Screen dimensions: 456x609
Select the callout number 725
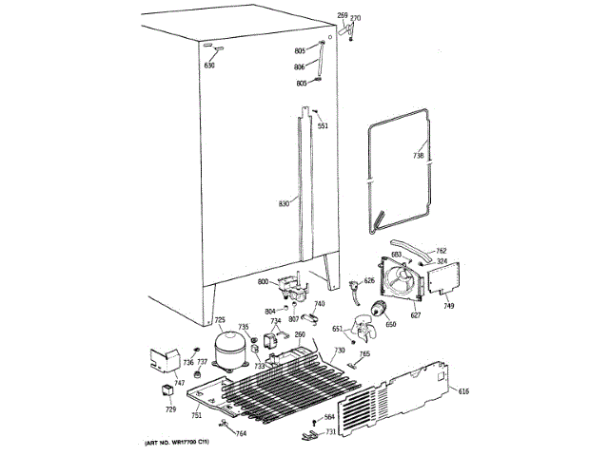coord(219,320)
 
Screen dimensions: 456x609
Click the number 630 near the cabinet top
coord(209,65)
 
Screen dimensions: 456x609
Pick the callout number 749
coord(448,305)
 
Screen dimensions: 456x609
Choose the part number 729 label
coord(171,408)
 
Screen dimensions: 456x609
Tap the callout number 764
coord(241,434)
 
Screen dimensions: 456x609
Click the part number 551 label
coord(323,126)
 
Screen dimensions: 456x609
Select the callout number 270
coord(356,19)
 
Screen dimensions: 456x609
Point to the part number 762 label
coord(441,252)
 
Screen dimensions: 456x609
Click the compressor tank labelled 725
coord(231,350)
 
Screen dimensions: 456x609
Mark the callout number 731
coord(330,432)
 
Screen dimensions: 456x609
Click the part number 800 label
coord(262,282)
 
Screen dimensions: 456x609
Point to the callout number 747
coord(152,382)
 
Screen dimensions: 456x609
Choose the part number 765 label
coord(364,353)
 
